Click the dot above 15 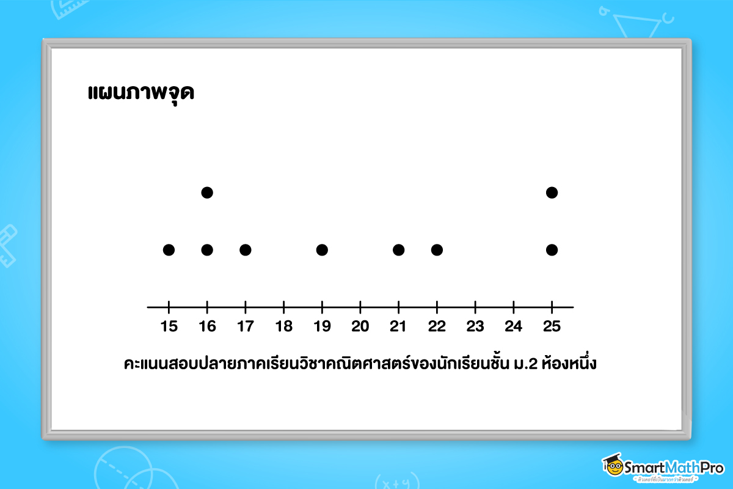click(x=169, y=250)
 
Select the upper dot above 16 click(x=207, y=193)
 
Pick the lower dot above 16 click(x=207, y=250)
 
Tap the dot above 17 click(x=246, y=250)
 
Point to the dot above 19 click(x=322, y=250)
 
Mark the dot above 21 click(x=398, y=250)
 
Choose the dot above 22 click(x=437, y=250)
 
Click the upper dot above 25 click(x=552, y=193)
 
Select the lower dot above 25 click(x=552, y=250)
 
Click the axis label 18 click(x=284, y=326)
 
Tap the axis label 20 click(x=360, y=326)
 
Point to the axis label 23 click(x=475, y=326)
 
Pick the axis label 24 click(x=514, y=326)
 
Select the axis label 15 click(x=169, y=326)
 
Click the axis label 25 click(x=552, y=326)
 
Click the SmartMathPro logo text click(x=675, y=467)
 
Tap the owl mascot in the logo click(x=613, y=466)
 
